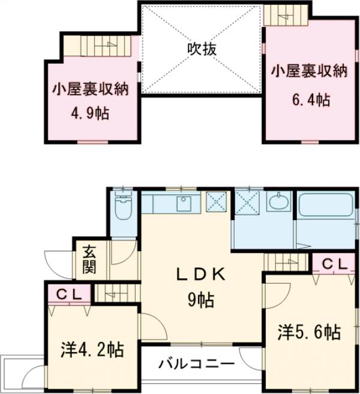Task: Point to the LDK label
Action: pos(201,275)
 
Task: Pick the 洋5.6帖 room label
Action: pos(310,331)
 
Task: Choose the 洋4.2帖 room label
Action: pos(92,350)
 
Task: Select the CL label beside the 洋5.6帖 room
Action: pos(332,264)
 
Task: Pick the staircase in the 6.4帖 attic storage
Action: pos(286,12)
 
